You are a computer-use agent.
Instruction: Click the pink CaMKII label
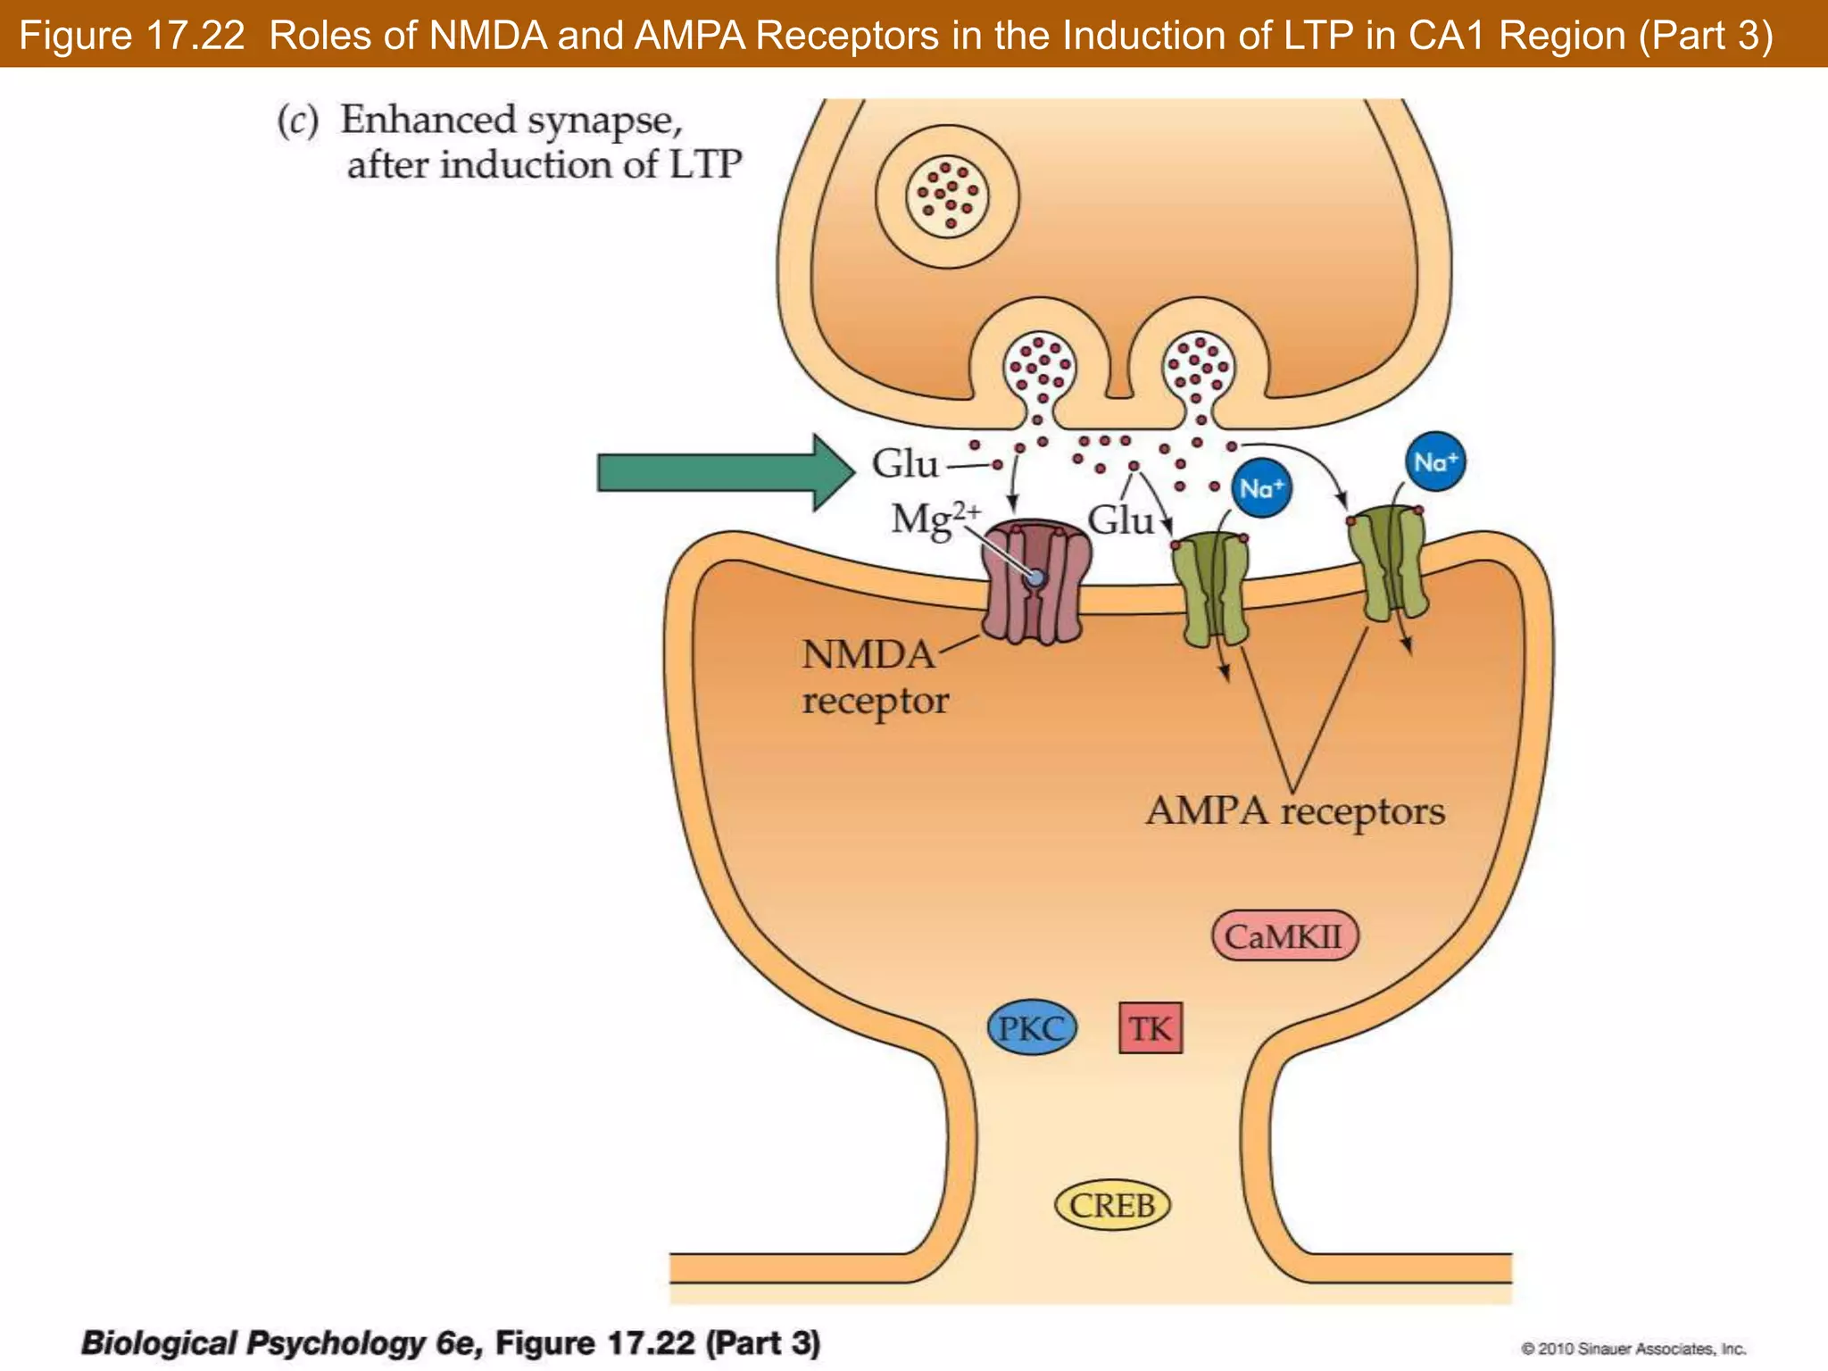[1284, 936]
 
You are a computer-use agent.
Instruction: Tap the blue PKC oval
[1032, 1028]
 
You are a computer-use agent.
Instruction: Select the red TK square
[1150, 1028]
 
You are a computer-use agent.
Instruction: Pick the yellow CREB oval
[1111, 1206]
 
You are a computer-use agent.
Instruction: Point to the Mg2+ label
[934, 519]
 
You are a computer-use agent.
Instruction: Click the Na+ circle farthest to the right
[1434, 462]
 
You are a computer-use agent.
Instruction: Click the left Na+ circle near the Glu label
[1260, 489]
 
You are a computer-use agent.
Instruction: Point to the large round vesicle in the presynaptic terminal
[947, 195]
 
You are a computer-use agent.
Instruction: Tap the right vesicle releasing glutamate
[1200, 369]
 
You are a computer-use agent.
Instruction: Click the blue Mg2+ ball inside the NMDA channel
[1035, 578]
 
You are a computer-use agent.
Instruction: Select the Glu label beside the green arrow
[904, 464]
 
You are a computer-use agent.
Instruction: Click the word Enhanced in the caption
[428, 120]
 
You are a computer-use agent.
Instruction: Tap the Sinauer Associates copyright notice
[1633, 1348]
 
